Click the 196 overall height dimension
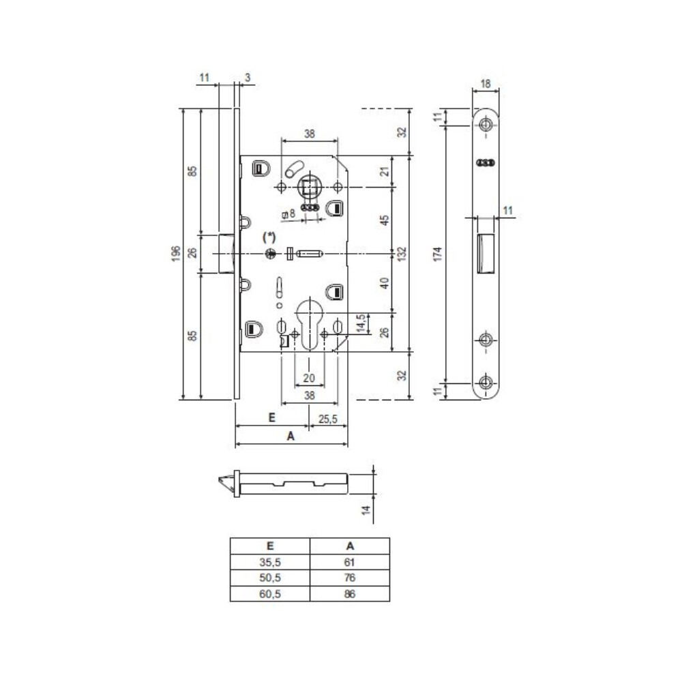(176, 254)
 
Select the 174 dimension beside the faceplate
(438, 254)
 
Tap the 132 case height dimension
(402, 254)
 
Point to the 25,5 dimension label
(327, 419)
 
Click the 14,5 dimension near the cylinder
(361, 323)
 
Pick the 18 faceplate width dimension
(486, 83)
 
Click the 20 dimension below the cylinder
(309, 378)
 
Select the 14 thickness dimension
(366, 509)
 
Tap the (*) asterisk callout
(269, 237)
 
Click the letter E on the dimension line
(272, 417)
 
